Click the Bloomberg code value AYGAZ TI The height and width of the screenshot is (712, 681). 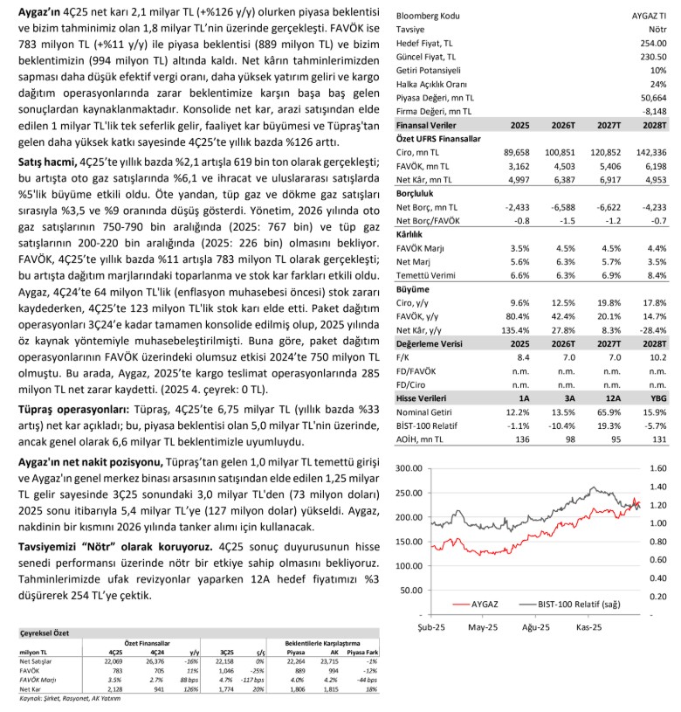pos(649,16)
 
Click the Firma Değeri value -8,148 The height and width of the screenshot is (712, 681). pos(654,112)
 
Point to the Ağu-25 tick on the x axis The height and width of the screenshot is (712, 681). pos(534,627)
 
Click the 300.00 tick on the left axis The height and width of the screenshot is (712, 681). pos(413,468)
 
